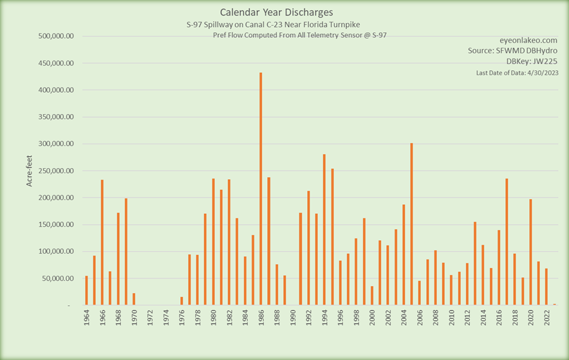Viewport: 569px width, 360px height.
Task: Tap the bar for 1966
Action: click(102, 242)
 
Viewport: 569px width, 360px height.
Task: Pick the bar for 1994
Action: click(324, 229)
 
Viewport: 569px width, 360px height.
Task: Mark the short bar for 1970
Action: click(134, 299)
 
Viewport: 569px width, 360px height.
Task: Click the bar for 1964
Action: click(86, 290)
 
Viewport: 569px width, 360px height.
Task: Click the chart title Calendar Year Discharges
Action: click(277, 12)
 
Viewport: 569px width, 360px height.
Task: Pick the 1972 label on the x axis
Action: click(150, 318)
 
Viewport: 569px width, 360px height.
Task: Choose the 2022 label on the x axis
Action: click(546, 318)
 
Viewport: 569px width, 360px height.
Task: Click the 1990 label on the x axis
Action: click(293, 318)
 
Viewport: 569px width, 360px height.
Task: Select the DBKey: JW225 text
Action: click(532, 61)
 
